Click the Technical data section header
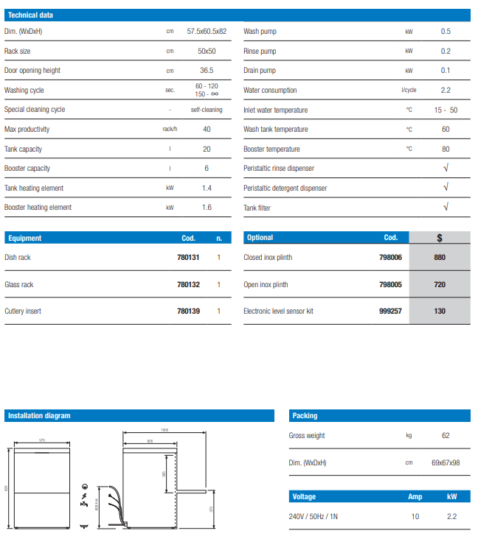click(30, 15)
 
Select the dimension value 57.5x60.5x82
click(207, 32)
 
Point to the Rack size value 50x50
click(207, 52)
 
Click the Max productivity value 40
click(207, 130)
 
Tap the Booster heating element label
click(38, 208)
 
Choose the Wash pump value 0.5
click(446, 32)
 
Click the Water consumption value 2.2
click(446, 91)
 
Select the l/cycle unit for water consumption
click(409, 91)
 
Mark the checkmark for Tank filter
click(446, 208)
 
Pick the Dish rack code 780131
click(188, 258)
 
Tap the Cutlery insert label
click(23, 311)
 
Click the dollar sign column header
click(440, 238)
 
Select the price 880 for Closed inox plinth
click(440, 258)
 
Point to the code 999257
click(390, 311)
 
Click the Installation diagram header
click(39, 416)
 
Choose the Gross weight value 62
click(446, 436)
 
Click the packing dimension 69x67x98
click(446, 462)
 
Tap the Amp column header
click(415, 497)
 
